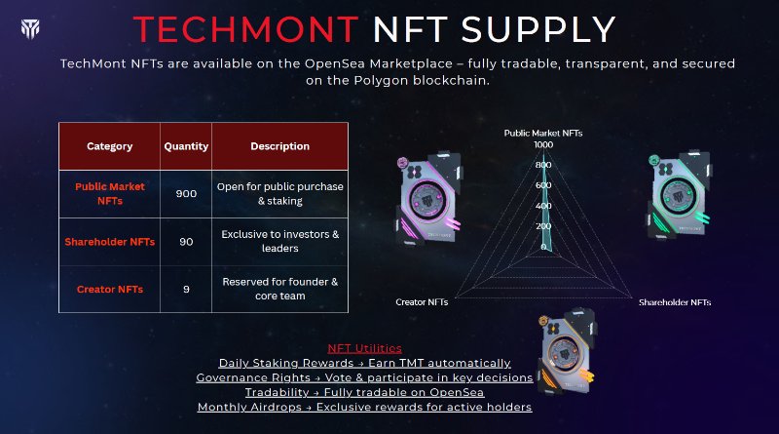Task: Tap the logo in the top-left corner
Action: click(x=29, y=28)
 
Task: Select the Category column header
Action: click(x=109, y=146)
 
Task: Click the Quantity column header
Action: click(x=186, y=146)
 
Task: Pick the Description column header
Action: click(x=279, y=146)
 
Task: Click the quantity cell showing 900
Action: click(x=186, y=193)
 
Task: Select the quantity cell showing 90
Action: click(x=186, y=241)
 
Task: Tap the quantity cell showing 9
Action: click(x=186, y=289)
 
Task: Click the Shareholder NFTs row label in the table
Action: click(x=109, y=241)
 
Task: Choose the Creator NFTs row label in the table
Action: click(x=109, y=289)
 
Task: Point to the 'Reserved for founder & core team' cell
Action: click(x=279, y=289)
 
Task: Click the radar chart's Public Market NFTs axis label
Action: click(x=543, y=132)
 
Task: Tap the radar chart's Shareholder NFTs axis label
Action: click(x=674, y=302)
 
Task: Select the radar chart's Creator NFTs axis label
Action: click(x=422, y=302)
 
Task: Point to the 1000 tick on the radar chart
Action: click(x=543, y=145)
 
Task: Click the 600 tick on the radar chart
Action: click(x=543, y=185)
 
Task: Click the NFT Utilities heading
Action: click(x=365, y=348)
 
